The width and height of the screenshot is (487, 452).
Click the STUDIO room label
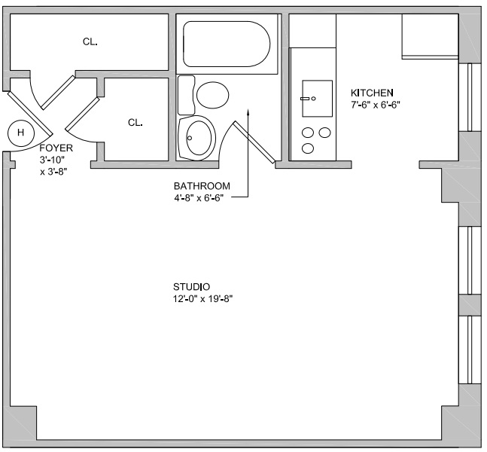point(191,286)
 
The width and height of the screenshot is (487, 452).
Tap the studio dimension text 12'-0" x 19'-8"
point(202,299)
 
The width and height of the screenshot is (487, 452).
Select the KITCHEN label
point(372,93)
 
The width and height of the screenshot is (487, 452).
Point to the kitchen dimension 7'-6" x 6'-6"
point(375,105)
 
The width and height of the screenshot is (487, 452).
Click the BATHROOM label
point(202,186)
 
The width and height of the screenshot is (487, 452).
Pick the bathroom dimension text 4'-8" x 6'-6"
point(199,198)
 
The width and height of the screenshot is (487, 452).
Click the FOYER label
point(56,148)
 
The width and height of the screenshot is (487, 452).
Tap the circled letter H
point(20,133)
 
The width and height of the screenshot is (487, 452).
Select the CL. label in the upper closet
point(90,41)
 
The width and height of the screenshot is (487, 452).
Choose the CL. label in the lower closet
point(135,123)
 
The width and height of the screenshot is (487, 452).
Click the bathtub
point(227,44)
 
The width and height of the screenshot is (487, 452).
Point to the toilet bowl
point(213,95)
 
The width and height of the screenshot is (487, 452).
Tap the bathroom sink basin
point(201,138)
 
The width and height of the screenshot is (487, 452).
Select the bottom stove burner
point(308,148)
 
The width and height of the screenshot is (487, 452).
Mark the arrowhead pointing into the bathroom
point(248,112)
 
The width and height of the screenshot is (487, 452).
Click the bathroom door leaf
point(254,142)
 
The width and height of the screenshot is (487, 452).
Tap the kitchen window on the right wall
point(466,97)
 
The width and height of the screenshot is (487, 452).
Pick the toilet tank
point(186,95)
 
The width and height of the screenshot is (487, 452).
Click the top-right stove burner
point(324,133)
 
